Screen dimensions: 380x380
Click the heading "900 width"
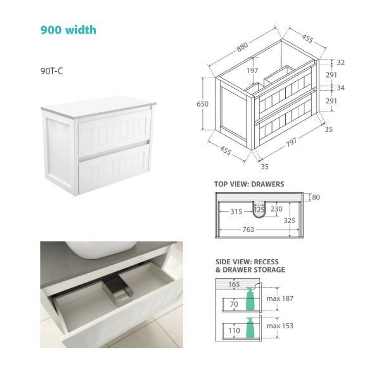pos(68,30)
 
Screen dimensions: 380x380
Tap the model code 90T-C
pos(51,71)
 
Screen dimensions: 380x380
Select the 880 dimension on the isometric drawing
pos(242,47)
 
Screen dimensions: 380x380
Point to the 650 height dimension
pos(202,104)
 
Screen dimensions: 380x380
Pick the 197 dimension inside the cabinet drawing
pos(252,71)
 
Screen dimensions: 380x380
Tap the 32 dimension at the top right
pos(341,62)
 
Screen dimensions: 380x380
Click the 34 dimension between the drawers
pos(341,88)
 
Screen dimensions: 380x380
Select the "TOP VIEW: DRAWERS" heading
pos(249,184)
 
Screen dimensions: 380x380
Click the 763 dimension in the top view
pos(248,230)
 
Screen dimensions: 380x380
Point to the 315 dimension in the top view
pos(236,211)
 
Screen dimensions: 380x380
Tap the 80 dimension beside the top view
pos(316,197)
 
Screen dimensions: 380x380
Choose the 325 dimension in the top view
pos(289,221)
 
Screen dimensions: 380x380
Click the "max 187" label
pos(280,299)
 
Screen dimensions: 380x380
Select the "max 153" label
pos(280,326)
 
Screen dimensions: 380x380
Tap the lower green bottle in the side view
pos(250,328)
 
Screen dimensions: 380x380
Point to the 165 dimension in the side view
pos(234,284)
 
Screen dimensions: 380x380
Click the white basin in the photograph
pos(101,248)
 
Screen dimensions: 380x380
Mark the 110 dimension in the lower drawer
pos(234,330)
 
